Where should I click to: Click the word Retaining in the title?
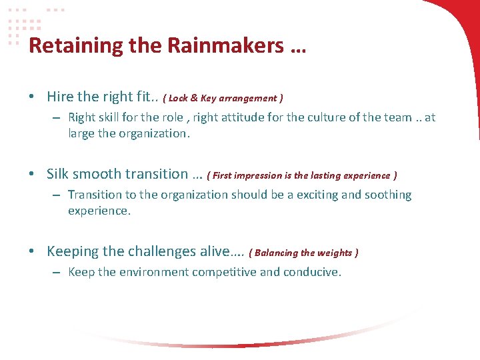(x=67, y=45)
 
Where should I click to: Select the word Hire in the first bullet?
(x=60, y=97)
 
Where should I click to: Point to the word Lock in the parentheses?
(x=179, y=98)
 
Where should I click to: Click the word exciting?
(x=319, y=195)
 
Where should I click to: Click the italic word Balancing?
(x=276, y=253)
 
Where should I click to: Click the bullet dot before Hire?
(x=32, y=97)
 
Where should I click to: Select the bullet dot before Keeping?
(x=32, y=252)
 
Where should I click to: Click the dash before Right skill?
(x=57, y=118)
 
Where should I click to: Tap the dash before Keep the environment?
(x=57, y=273)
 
